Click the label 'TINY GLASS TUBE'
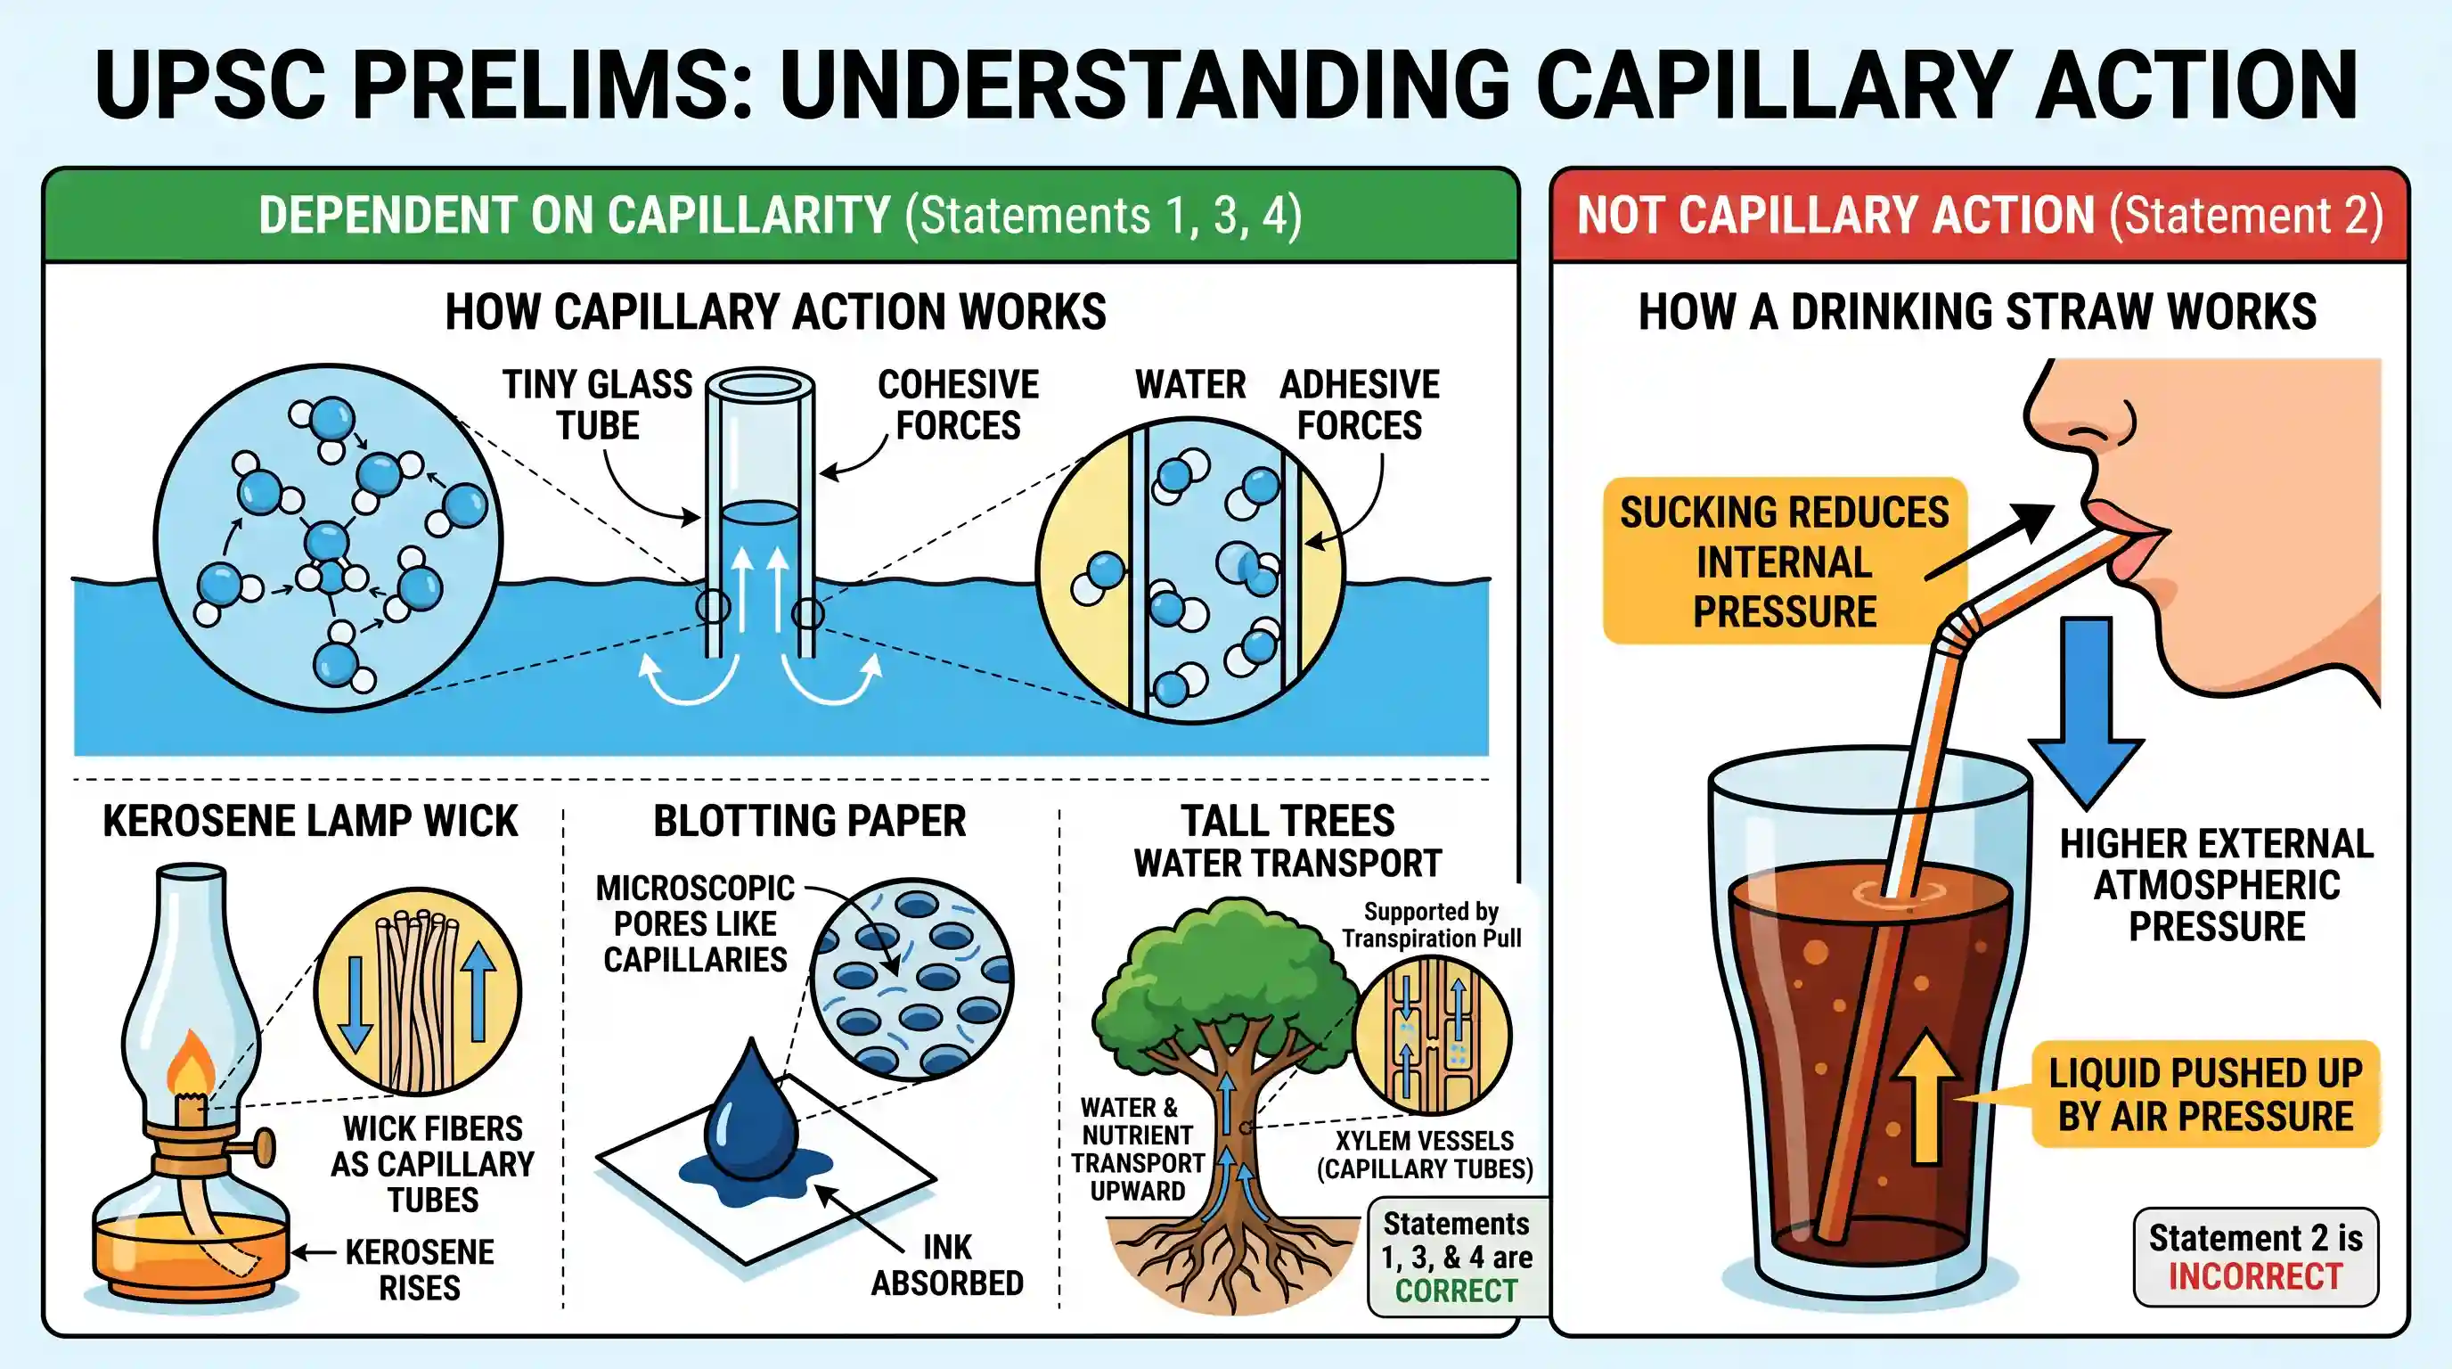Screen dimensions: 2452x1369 point(598,405)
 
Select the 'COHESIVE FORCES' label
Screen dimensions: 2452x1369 point(958,405)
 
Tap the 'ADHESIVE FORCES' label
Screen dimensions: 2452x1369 point(1360,405)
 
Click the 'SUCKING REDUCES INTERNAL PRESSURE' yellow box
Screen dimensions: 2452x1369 point(1785,562)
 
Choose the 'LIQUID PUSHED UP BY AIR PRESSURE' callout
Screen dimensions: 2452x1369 point(2205,1094)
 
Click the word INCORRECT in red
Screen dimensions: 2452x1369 point(2255,1275)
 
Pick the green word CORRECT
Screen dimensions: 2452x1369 point(1457,1291)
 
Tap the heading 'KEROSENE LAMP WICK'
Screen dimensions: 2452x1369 point(310,821)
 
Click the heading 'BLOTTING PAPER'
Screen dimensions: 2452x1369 point(809,821)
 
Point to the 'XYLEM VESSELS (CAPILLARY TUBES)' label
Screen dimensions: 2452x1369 point(1425,1154)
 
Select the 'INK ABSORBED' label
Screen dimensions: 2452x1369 point(947,1265)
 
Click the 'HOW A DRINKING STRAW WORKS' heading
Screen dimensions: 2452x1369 point(1977,311)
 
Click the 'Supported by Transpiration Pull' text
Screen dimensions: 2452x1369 point(1432,924)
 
